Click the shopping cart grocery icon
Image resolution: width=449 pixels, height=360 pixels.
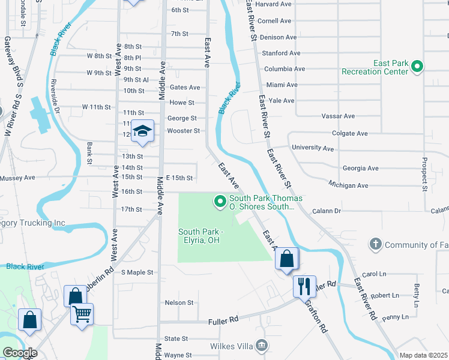pos(82,313)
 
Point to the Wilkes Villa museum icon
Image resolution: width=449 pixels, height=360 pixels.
pos(262,345)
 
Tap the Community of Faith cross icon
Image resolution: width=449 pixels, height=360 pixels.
pos(376,244)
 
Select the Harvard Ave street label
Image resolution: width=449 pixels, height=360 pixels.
pos(273,4)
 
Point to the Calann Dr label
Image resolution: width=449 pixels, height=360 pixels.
pos(326,211)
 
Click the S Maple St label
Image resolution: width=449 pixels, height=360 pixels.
pos(137,272)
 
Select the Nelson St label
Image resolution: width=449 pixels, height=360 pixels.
pos(179,303)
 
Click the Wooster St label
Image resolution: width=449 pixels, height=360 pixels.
pos(183,131)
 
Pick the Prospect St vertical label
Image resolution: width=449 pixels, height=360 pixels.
pos(424,175)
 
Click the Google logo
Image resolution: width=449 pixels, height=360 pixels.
pos(20,353)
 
